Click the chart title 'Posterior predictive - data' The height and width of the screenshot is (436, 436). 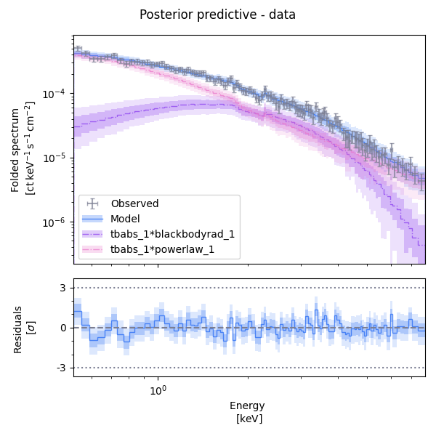[217, 15]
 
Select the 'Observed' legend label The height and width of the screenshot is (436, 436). [134, 203]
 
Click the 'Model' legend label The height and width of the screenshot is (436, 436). [126, 219]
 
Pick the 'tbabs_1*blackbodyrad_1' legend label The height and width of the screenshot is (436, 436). [172, 234]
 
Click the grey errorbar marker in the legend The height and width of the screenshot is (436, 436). [93, 203]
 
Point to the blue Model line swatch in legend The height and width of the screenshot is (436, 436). [93, 219]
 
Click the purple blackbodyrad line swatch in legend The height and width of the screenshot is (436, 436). [93, 234]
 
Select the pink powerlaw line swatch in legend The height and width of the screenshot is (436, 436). [93, 249]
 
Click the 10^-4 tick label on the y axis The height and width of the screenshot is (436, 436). [57, 94]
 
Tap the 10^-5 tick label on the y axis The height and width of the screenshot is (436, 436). [57, 158]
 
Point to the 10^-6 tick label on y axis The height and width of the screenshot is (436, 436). [57, 222]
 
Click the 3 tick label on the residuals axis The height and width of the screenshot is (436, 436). [63, 288]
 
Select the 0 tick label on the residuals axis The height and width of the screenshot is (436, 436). [63, 328]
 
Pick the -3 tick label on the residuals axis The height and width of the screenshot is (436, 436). [62, 368]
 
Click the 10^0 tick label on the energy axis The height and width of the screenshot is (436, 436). [158, 390]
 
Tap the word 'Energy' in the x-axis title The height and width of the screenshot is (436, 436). [247, 405]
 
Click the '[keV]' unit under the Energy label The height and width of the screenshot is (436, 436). [249, 419]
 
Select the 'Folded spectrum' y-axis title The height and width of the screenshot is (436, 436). [16, 148]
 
